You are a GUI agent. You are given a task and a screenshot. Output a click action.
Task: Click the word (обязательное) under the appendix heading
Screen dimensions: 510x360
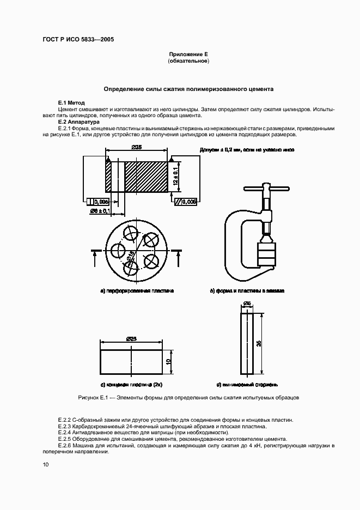[188, 62]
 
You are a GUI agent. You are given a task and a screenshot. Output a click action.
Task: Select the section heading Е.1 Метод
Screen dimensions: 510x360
[71, 103]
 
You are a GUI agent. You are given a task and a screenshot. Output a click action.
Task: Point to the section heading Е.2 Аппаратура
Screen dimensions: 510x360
[79, 122]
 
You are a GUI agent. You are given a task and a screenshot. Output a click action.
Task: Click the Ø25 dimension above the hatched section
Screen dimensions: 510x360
[137, 147]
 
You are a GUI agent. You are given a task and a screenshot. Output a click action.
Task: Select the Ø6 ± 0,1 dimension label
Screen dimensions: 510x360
[100, 210]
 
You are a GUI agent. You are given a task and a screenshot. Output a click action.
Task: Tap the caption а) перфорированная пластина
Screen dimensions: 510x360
[137, 291]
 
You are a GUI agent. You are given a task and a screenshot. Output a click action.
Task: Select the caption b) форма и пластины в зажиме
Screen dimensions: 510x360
[247, 291]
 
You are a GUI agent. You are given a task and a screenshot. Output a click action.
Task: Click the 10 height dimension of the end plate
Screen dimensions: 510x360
[169, 361]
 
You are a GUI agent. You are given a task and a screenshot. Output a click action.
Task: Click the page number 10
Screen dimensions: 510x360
[46, 464]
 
